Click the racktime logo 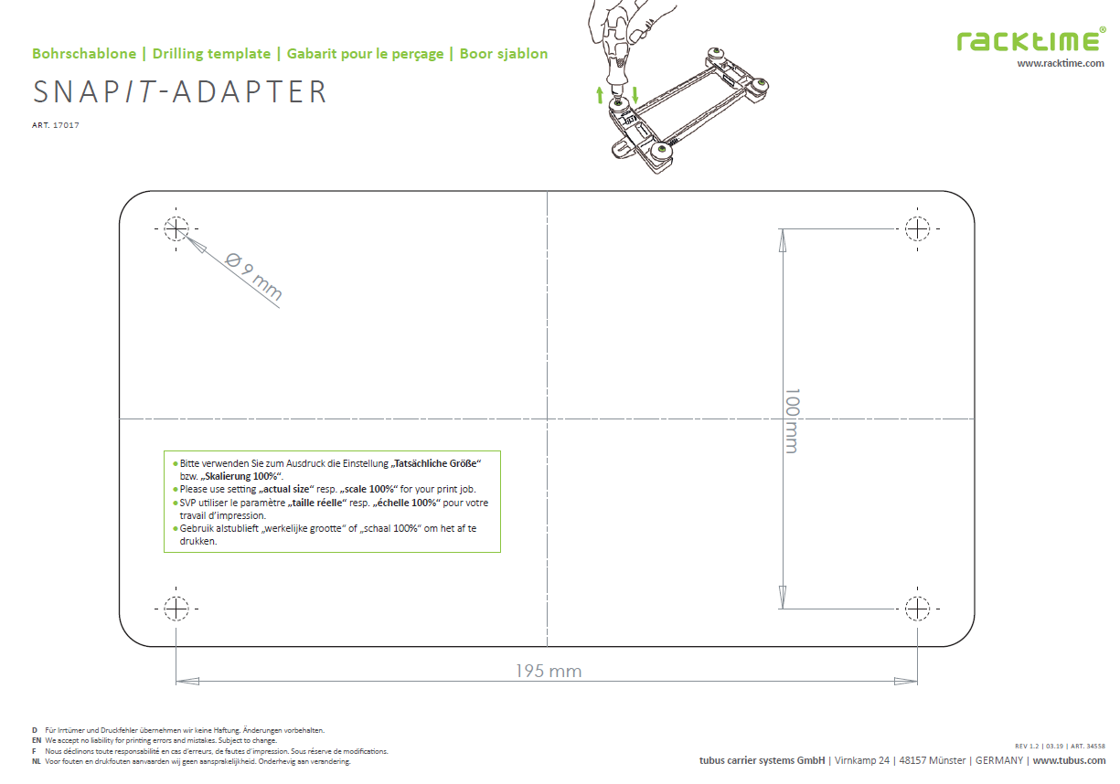click(1030, 40)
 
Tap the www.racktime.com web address click(1061, 63)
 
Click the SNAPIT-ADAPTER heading click(179, 92)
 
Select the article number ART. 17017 click(55, 125)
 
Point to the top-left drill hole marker click(176, 228)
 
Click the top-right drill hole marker click(918, 228)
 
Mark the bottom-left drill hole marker click(176, 608)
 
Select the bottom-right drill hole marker click(918, 608)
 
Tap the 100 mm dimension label click(791, 420)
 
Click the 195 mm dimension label click(548, 672)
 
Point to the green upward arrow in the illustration click(600, 93)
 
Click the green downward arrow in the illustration click(635, 93)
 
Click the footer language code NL click(36, 761)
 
